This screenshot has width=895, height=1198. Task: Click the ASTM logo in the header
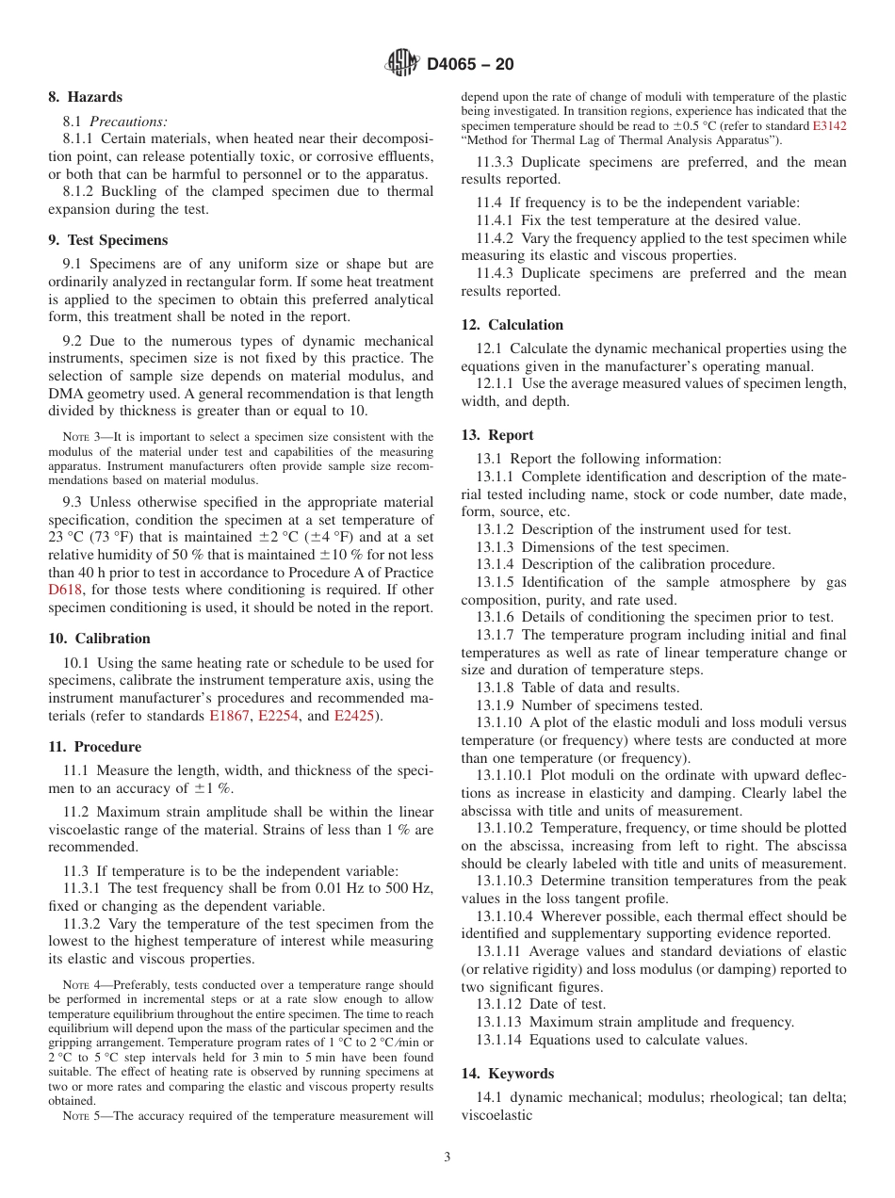click(x=402, y=64)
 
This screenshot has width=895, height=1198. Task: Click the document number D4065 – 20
click(x=470, y=65)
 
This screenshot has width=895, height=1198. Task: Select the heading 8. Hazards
click(x=85, y=97)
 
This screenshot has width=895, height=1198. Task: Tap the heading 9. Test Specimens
click(x=107, y=240)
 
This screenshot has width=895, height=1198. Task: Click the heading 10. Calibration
click(x=99, y=639)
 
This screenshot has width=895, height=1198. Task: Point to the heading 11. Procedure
click(x=94, y=747)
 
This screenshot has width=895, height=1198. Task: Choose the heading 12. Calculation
click(x=513, y=325)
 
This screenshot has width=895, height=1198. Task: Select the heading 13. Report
click(x=497, y=435)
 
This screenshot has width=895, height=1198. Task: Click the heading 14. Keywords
click(x=508, y=1074)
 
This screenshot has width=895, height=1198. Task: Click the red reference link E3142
click(x=829, y=125)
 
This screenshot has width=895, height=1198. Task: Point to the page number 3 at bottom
click(x=447, y=1158)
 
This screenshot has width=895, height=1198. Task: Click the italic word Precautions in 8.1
click(x=129, y=121)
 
